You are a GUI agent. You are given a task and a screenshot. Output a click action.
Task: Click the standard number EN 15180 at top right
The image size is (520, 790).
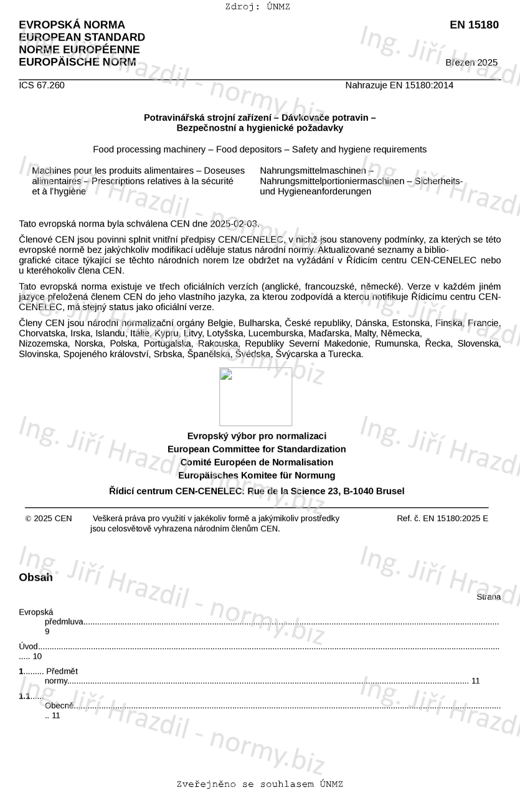(474, 25)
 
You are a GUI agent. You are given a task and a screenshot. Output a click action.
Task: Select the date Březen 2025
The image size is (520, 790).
(471, 62)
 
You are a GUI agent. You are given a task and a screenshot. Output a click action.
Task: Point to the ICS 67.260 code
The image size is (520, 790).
(42, 85)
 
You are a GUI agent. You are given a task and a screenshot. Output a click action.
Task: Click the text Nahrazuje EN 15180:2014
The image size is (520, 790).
(399, 85)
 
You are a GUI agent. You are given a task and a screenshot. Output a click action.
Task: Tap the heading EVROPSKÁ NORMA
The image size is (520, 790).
(72, 25)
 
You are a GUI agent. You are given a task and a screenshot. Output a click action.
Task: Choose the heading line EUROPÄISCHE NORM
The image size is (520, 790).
(77, 62)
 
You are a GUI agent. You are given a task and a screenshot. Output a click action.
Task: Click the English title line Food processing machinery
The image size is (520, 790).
(260, 149)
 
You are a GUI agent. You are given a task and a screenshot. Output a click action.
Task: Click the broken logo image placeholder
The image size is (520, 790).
(255, 397)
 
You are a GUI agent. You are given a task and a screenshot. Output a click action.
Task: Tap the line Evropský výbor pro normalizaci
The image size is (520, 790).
(257, 436)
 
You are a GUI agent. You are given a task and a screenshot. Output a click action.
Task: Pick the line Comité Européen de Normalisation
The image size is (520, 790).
(257, 462)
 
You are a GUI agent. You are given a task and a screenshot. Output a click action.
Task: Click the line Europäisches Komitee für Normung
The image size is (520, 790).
(257, 475)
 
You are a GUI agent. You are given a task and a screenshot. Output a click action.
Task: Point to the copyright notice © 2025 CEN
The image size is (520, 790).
(49, 519)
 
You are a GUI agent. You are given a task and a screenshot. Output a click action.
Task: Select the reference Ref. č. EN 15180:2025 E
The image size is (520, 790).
(442, 519)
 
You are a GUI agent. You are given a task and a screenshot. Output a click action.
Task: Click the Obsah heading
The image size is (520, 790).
(36, 577)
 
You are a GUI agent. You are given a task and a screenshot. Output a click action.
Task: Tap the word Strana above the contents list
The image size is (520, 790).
(488, 597)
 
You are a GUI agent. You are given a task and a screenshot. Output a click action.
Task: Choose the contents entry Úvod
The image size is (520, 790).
(29, 646)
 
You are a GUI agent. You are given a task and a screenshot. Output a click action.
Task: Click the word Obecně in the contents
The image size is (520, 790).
(59, 705)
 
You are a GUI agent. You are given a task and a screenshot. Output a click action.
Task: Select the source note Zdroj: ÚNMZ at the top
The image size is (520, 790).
(258, 7)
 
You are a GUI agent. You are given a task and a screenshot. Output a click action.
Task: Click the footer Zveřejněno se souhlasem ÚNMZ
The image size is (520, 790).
(260, 784)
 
